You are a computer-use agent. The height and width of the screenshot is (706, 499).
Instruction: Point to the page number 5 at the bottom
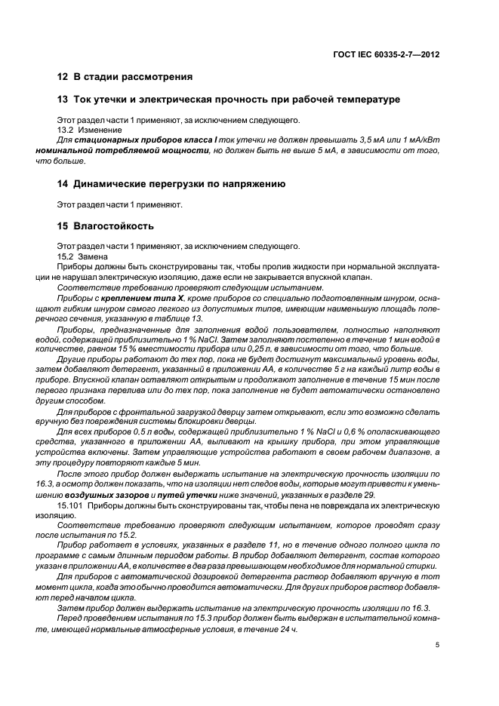click(x=438, y=644)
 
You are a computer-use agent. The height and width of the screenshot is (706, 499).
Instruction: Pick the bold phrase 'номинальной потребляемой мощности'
click(x=122, y=151)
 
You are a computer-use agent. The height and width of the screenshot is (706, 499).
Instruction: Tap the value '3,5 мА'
click(x=366, y=140)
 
